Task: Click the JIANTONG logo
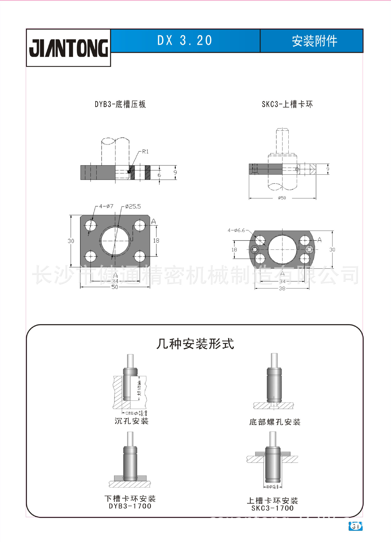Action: [68, 48]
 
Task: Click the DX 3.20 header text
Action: [185, 41]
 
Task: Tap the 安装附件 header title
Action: [314, 41]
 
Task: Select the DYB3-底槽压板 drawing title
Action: [120, 104]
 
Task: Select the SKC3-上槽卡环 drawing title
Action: [287, 104]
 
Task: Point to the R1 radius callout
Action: [145, 152]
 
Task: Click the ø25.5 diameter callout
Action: [133, 207]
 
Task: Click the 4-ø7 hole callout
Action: [106, 206]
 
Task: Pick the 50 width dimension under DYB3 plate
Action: [115, 287]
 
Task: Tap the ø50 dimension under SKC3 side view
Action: [282, 198]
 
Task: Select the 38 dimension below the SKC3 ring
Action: [282, 289]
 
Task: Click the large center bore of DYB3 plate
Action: [115, 241]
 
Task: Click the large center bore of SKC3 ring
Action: [282, 250]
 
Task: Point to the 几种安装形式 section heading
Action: [195, 344]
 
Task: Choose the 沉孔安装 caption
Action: [131, 421]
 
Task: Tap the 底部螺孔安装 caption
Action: [275, 422]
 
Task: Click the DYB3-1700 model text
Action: [130, 506]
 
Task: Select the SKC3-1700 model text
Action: [273, 508]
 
